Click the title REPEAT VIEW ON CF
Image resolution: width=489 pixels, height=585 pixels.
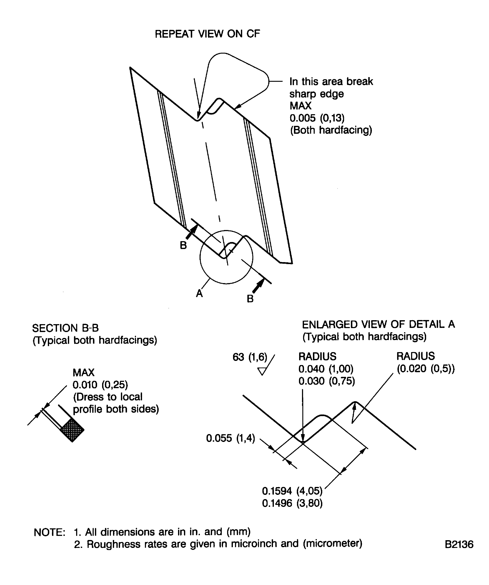pos(207,34)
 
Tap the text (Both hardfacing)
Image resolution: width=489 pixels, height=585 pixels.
pos(331,130)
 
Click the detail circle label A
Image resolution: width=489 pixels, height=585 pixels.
pos(199,293)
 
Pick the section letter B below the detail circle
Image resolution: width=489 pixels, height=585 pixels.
pos(250,299)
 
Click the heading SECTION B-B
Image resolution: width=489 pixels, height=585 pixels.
pos(65,328)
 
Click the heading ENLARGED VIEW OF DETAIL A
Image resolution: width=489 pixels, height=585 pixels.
pos(378,324)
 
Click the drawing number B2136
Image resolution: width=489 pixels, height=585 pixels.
pos(459,544)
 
